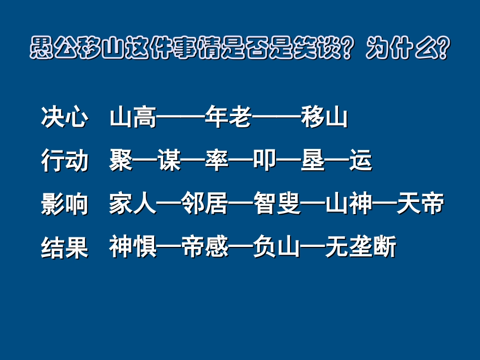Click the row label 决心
(64, 119)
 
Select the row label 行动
(64, 162)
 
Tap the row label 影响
(64, 204)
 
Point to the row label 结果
(64, 248)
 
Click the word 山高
(133, 119)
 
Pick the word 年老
(228, 119)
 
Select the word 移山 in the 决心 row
(324, 119)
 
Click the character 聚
(121, 162)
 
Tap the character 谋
(169, 162)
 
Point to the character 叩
(265, 162)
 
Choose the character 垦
(312, 162)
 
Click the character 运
(360, 162)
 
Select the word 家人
(133, 204)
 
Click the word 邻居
(205, 204)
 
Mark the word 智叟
(276, 204)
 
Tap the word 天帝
(420, 204)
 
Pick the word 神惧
(133, 248)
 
